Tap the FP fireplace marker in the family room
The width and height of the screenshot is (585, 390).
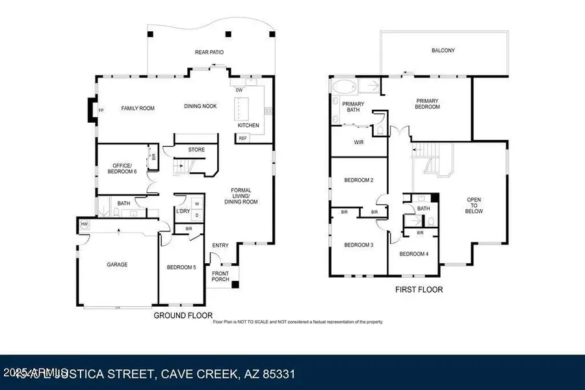coord(101,110)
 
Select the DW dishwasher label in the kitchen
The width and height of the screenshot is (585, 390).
coord(239,90)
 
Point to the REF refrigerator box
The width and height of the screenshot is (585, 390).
coord(243,138)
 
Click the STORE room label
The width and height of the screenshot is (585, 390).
coord(196,149)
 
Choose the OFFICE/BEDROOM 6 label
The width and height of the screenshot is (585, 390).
coord(122,168)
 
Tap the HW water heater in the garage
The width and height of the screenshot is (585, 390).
coord(84,224)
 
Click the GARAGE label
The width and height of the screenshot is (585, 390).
coord(117,265)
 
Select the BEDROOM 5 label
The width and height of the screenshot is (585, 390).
coord(181,267)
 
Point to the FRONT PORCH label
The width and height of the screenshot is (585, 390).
coord(220,277)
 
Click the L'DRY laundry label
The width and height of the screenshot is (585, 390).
coord(183,210)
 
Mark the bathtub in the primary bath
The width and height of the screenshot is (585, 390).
coord(344,87)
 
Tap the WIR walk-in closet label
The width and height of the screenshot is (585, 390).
coord(358,142)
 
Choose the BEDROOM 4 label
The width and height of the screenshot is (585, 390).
coord(413,253)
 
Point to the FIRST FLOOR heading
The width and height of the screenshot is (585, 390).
coord(419,289)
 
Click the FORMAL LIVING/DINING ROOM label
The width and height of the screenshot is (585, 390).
coord(245,196)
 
